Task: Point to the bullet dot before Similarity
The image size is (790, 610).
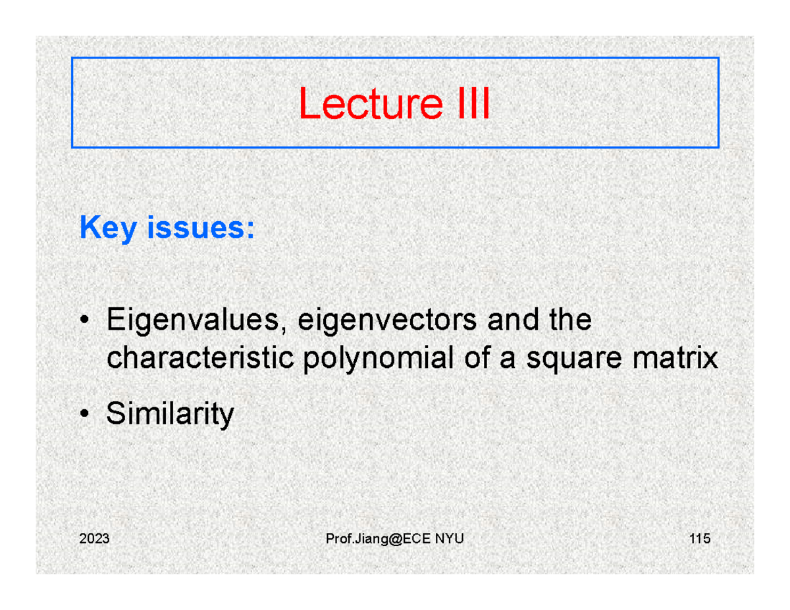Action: click(84, 415)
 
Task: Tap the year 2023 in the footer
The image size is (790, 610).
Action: click(93, 540)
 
